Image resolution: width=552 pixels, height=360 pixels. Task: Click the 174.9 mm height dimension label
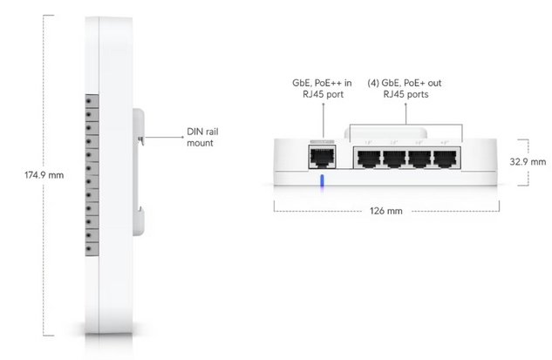[x=43, y=175]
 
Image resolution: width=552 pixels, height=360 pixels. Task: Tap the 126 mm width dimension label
[x=385, y=211]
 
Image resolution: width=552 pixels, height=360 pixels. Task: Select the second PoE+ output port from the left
[x=395, y=158]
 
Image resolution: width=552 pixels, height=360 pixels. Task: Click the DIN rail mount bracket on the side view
[x=137, y=170]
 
